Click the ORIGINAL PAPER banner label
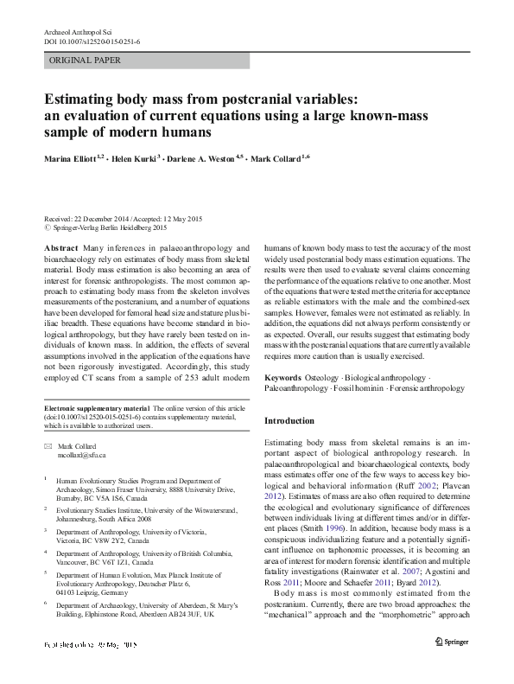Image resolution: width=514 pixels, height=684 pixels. [x=86, y=61]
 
